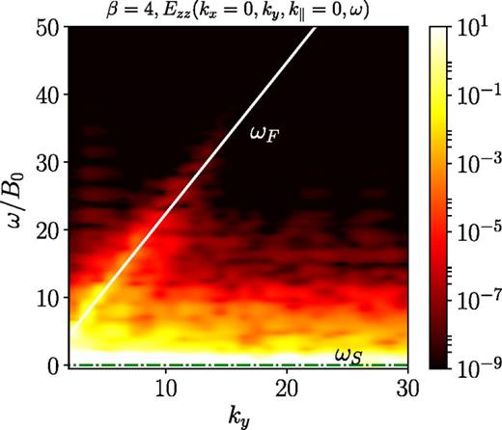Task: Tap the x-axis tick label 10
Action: (x=166, y=386)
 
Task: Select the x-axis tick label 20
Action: (x=287, y=386)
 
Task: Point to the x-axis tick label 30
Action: (x=406, y=386)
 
